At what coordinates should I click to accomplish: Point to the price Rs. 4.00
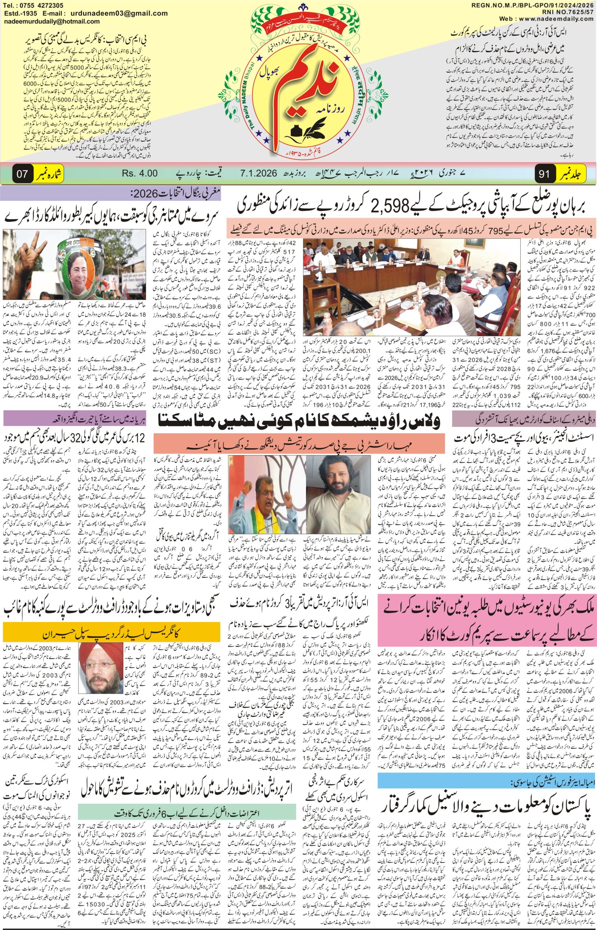coord(140,173)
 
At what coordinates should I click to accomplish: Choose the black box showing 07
coord(22,174)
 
